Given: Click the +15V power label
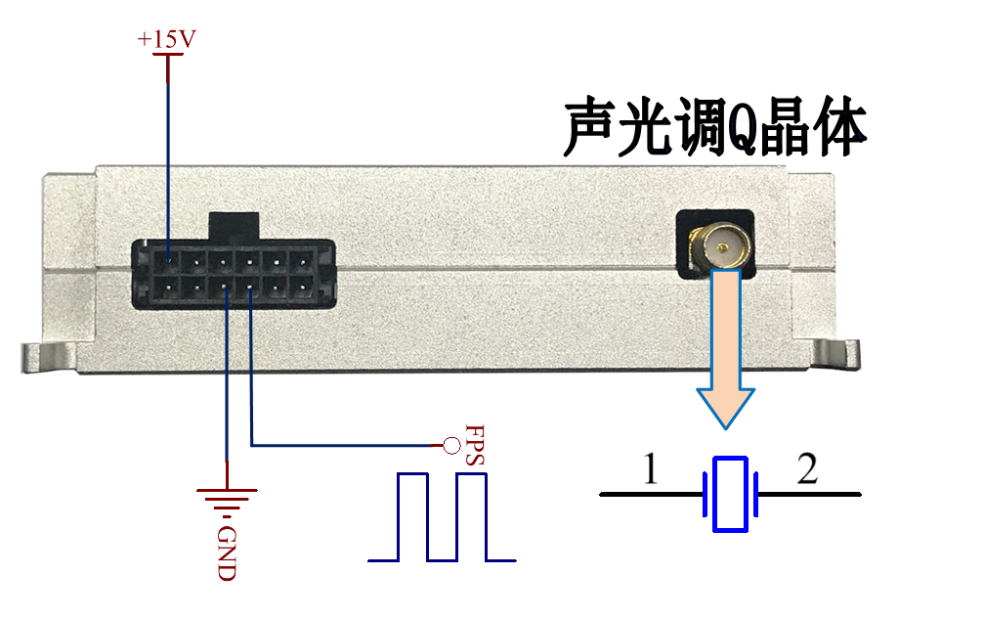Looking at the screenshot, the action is (x=166, y=39).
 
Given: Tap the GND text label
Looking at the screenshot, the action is (x=227, y=553).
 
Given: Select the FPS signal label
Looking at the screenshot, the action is (x=475, y=445).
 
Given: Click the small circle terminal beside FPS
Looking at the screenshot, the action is (x=451, y=445).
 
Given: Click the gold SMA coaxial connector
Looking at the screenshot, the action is (x=721, y=246).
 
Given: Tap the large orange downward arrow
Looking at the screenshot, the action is (x=725, y=349).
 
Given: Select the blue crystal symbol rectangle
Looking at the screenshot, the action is (x=731, y=494).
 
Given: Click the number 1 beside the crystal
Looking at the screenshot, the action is (x=651, y=468).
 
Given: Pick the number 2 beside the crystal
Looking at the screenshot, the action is (x=808, y=468).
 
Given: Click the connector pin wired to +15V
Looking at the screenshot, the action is (x=169, y=260).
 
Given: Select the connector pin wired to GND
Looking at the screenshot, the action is (x=226, y=288).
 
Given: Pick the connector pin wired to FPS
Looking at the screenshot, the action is (x=250, y=288).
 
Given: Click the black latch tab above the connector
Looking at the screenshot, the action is (x=234, y=227).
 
